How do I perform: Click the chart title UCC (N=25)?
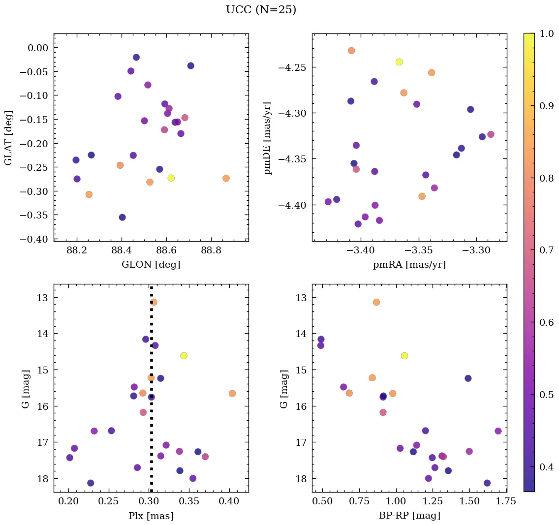pos(261,10)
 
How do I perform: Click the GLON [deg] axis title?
pos(151,265)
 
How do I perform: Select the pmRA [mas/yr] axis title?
pos(409,265)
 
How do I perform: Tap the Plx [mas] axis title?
pos(151,516)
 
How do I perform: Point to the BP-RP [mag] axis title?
pos(409,516)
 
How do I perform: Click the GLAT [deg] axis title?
pos(8,137)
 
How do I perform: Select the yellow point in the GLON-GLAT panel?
pos(171,178)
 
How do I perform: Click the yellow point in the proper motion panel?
pos(399,62)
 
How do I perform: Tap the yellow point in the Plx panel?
pos(184,355)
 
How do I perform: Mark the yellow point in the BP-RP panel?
pos(404,355)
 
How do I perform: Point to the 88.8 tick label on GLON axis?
pos(211,250)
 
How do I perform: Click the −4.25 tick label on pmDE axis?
pos(292,67)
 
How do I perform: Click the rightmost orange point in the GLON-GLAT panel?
pos(226,178)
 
